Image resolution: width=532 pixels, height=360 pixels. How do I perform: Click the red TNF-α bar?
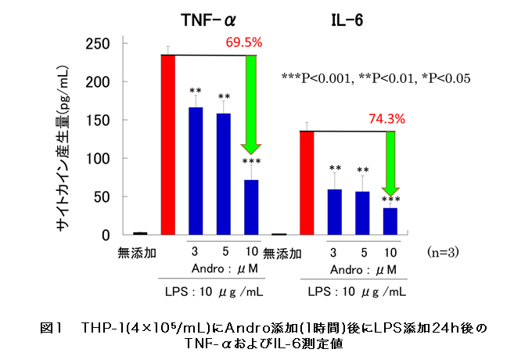click(167, 145)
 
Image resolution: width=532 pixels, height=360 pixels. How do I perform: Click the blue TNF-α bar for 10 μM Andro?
click(251, 207)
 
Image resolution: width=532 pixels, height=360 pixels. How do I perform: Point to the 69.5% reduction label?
click(244, 42)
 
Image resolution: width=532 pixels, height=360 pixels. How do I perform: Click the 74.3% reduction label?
click(386, 119)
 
